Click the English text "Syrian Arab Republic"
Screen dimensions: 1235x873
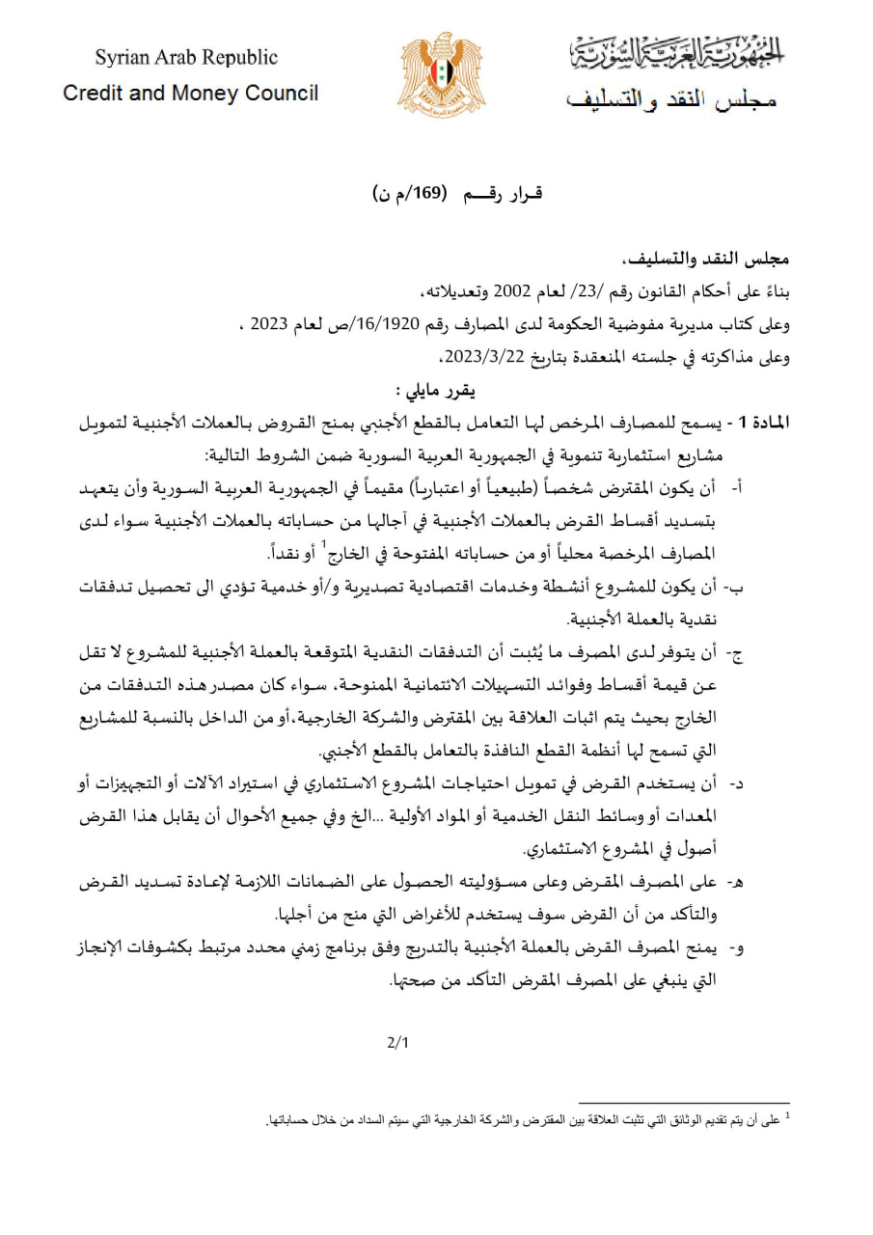tap(185, 58)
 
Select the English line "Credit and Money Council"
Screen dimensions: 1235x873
tap(190, 94)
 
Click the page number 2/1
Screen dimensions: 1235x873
tap(398, 1042)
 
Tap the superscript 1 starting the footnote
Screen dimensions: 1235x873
tap(787, 1117)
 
